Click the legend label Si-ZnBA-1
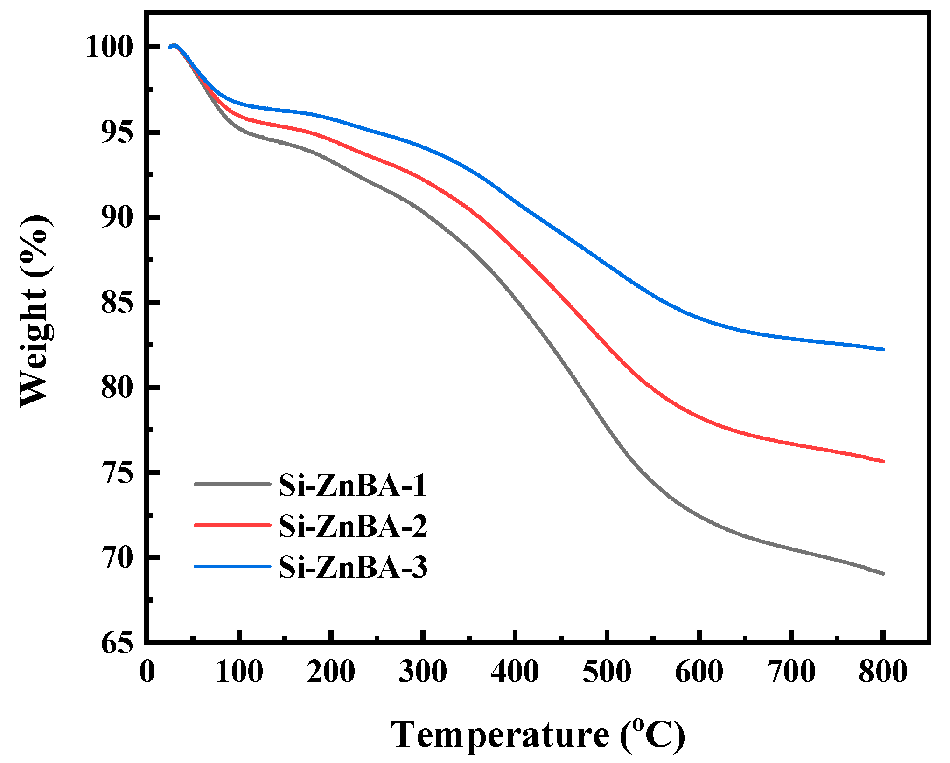point(353,485)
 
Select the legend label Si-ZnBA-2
point(353,526)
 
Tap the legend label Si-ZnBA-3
point(353,567)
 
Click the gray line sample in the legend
point(232,484)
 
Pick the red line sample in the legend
point(232,525)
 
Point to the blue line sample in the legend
point(232,566)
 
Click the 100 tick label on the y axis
point(109,47)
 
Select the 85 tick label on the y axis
point(117,303)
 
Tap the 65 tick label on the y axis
point(117,644)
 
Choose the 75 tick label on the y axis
point(117,473)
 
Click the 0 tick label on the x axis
point(147,672)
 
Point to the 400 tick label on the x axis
point(515,672)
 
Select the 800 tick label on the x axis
point(883,672)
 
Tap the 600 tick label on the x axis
point(699,672)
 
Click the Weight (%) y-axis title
point(35,312)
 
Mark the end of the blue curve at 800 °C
point(883,349)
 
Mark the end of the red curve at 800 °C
point(883,461)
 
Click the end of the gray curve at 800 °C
point(883,573)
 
